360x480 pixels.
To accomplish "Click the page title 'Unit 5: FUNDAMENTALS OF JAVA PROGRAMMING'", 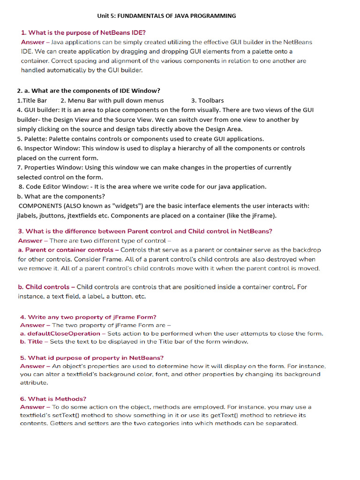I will coord(166,16).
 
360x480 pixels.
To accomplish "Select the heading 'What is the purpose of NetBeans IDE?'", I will coord(87,33).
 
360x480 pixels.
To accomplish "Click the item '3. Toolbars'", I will coord(208,100).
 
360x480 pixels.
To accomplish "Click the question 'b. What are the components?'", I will coord(61,196).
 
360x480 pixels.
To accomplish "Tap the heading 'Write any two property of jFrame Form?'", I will coord(92,317).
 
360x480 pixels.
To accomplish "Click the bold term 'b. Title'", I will coord(31,342).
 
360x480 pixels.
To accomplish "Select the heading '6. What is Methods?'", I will coord(53,399).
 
